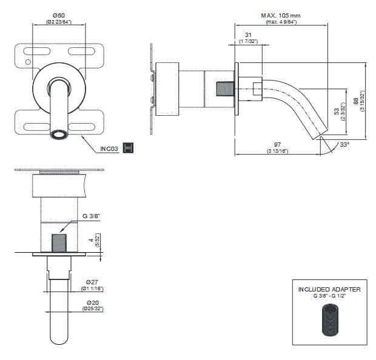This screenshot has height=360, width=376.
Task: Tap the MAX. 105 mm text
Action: (280, 15)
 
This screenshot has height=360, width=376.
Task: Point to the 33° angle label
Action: (345, 144)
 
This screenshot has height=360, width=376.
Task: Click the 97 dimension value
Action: (278, 144)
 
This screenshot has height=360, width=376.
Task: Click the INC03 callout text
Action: (109, 148)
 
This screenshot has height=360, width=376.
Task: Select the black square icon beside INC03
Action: (128, 148)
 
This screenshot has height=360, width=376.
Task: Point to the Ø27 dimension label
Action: (93, 282)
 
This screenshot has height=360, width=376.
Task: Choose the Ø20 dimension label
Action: (93, 302)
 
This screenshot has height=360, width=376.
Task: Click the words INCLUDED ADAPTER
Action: (329, 290)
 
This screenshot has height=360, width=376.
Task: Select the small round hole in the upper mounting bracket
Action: (27, 62)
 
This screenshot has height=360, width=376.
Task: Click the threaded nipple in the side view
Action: (224, 88)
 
